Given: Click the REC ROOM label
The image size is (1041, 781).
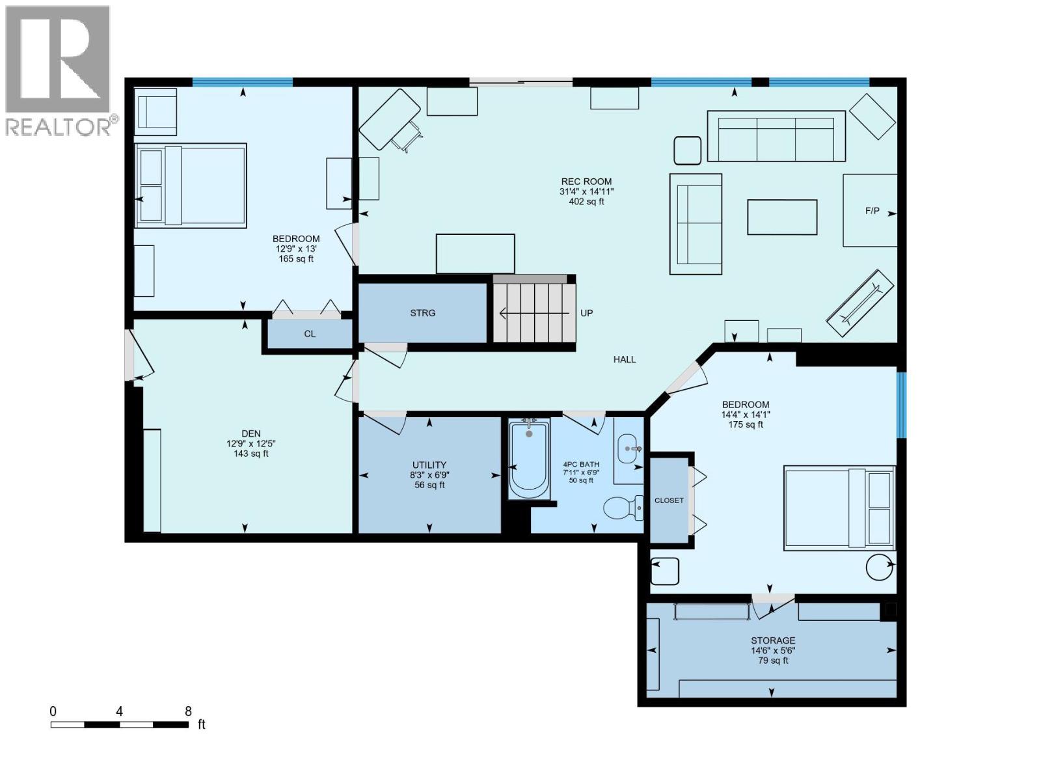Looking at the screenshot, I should (586, 182).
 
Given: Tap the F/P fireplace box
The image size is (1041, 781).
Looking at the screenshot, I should (870, 210).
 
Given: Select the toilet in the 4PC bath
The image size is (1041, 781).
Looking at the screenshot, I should (623, 508).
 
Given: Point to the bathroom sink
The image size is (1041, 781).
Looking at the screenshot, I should (629, 448).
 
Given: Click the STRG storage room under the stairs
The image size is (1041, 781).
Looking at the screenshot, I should (422, 313).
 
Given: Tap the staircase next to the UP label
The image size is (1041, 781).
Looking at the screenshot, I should (534, 313).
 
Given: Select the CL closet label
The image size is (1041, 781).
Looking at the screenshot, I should (310, 334).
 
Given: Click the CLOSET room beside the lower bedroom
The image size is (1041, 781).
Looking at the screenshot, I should (669, 500).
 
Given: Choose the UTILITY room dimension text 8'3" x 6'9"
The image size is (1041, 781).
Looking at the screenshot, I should (429, 475).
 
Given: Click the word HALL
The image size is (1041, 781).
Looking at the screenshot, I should (624, 359).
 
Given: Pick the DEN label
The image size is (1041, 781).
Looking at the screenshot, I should (251, 433).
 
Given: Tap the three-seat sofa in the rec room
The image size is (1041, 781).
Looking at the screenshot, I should (776, 136).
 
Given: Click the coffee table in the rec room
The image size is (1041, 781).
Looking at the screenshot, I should (782, 217).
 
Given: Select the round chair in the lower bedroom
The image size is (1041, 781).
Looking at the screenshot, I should (880, 566).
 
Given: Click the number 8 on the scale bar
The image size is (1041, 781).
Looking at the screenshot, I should (188, 711).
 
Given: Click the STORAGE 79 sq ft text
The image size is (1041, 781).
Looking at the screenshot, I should (772, 661).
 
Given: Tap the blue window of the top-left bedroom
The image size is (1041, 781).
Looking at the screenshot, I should (242, 82).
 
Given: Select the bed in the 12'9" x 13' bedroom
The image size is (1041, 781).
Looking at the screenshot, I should (191, 185).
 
